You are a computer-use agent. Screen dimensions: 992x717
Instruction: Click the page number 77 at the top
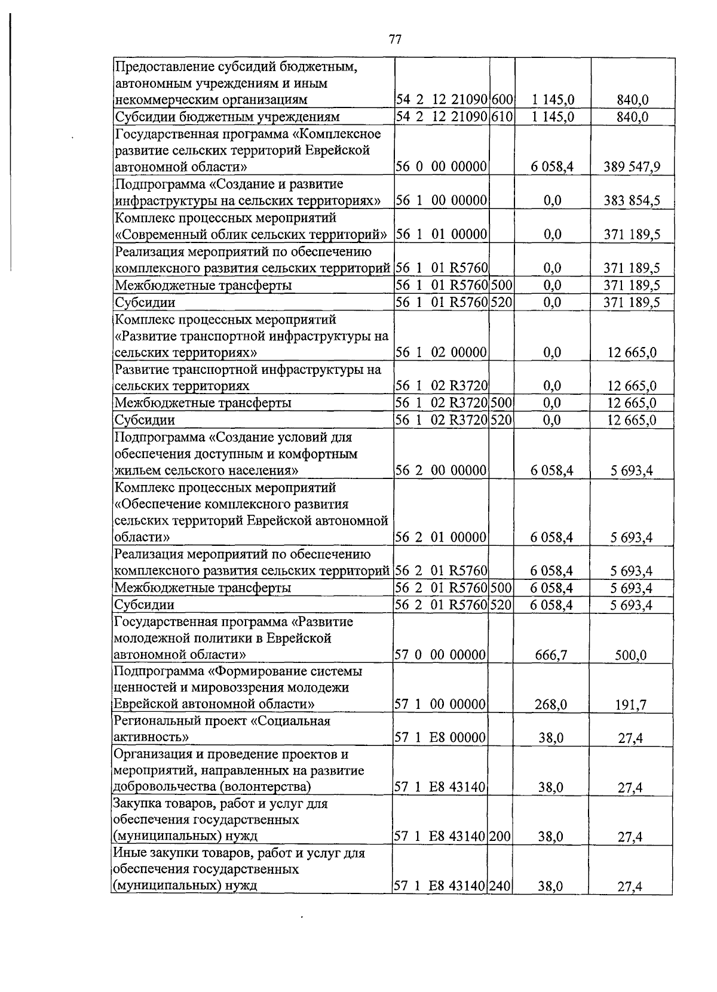tap(395, 39)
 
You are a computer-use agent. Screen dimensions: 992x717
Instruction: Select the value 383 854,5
tap(632, 201)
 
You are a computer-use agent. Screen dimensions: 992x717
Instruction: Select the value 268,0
tap(551, 705)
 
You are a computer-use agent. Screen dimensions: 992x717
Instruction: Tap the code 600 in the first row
tap(502, 100)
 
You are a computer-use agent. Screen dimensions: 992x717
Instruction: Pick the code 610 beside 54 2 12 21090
tap(502, 116)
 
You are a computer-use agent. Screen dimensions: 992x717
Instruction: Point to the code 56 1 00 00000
tap(441, 201)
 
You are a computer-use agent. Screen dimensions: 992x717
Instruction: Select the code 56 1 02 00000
tap(441, 352)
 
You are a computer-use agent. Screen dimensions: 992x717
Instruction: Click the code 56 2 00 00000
tap(441, 471)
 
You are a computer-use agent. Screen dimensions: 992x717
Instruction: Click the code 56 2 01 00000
tap(441, 538)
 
